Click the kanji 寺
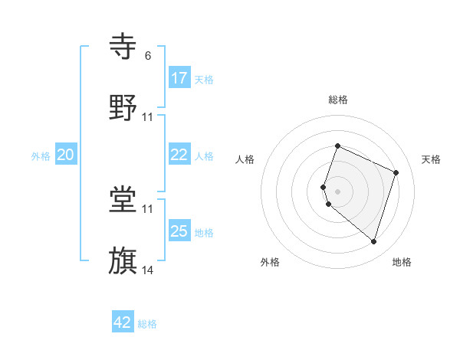(x=123, y=47)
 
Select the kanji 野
(x=123, y=108)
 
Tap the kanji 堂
(x=123, y=200)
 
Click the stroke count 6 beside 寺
(x=148, y=56)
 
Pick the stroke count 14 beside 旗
(x=148, y=270)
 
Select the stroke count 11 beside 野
(x=148, y=117)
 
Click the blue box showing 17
(x=179, y=78)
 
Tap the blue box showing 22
(x=179, y=155)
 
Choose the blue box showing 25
(x=179, y=231)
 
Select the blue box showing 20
(x=66, y=155)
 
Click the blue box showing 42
(x=123, y=322)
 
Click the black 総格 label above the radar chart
(x=338, y=100)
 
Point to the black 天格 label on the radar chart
(x=431, y=159)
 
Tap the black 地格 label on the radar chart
(x=402, y=262)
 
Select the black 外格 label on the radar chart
(x=270, y=262)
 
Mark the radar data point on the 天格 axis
(x=396, y=172)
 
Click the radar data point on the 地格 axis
(x=373, y=241)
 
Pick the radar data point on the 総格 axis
(x=337, y=146)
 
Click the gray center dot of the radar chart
(x=337, y=191)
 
